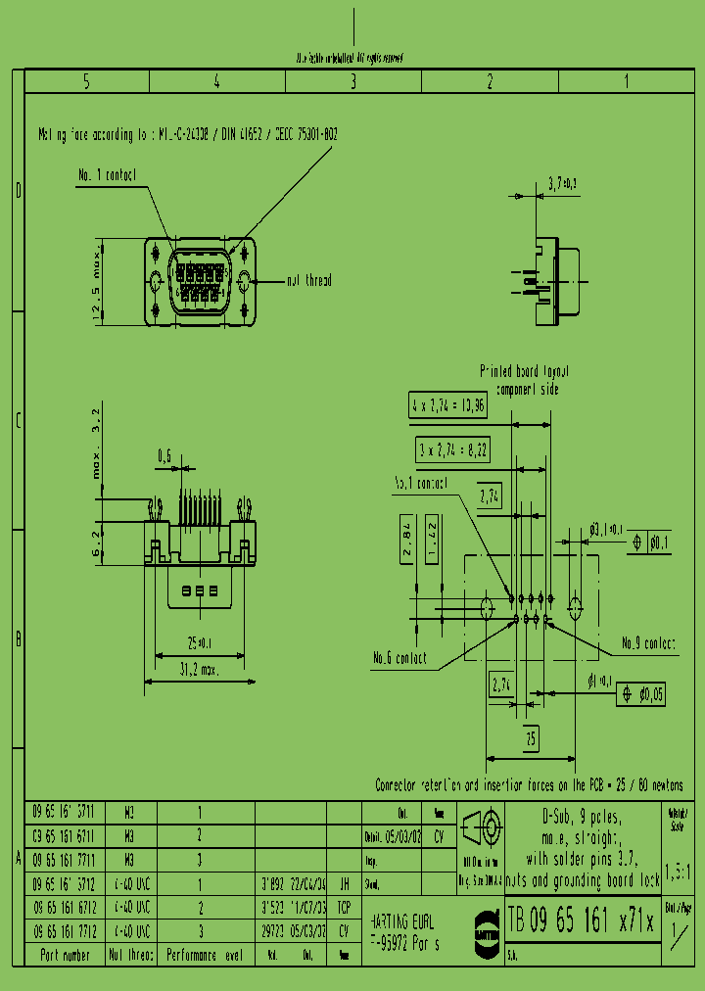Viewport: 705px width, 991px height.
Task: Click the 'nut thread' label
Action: [x=308, y=281]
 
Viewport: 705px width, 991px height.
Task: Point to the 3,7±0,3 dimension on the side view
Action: [x=562, y=183]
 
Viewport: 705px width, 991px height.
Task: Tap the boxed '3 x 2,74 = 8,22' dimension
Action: [x=451, y=449]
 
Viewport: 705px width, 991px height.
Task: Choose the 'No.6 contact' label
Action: [x=399, y=658]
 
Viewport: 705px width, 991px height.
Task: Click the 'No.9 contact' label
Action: [x=648, y=643]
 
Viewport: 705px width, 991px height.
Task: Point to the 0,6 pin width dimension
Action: [x=164, y=455]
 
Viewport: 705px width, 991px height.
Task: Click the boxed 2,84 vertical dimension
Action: [x=406, y=542]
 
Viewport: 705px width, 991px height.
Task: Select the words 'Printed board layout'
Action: [x=524, y=372]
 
